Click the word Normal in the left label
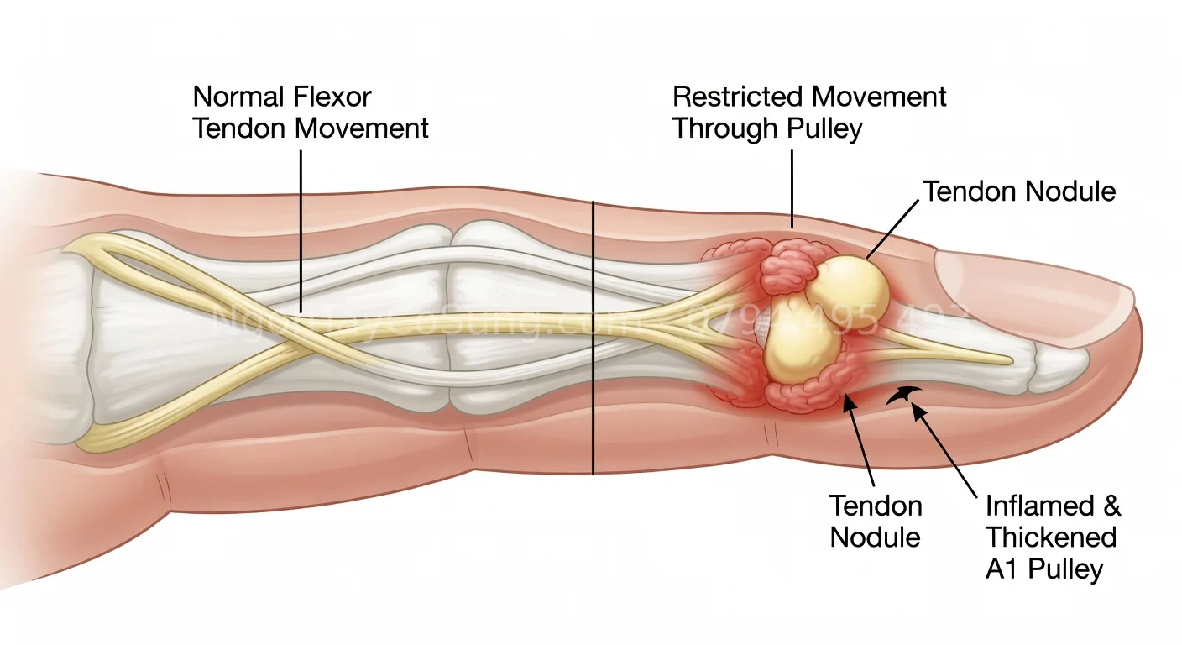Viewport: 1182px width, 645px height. tap(239, 97)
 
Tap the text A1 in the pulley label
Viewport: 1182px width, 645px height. tap(1002, 569)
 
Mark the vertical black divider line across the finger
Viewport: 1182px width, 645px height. tap(593, 336)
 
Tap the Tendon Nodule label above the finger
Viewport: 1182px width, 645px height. tap(1019, 191)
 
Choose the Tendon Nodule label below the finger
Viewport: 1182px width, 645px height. tap(876, 521)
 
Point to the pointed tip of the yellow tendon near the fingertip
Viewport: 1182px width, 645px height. tap(1012, 361)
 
